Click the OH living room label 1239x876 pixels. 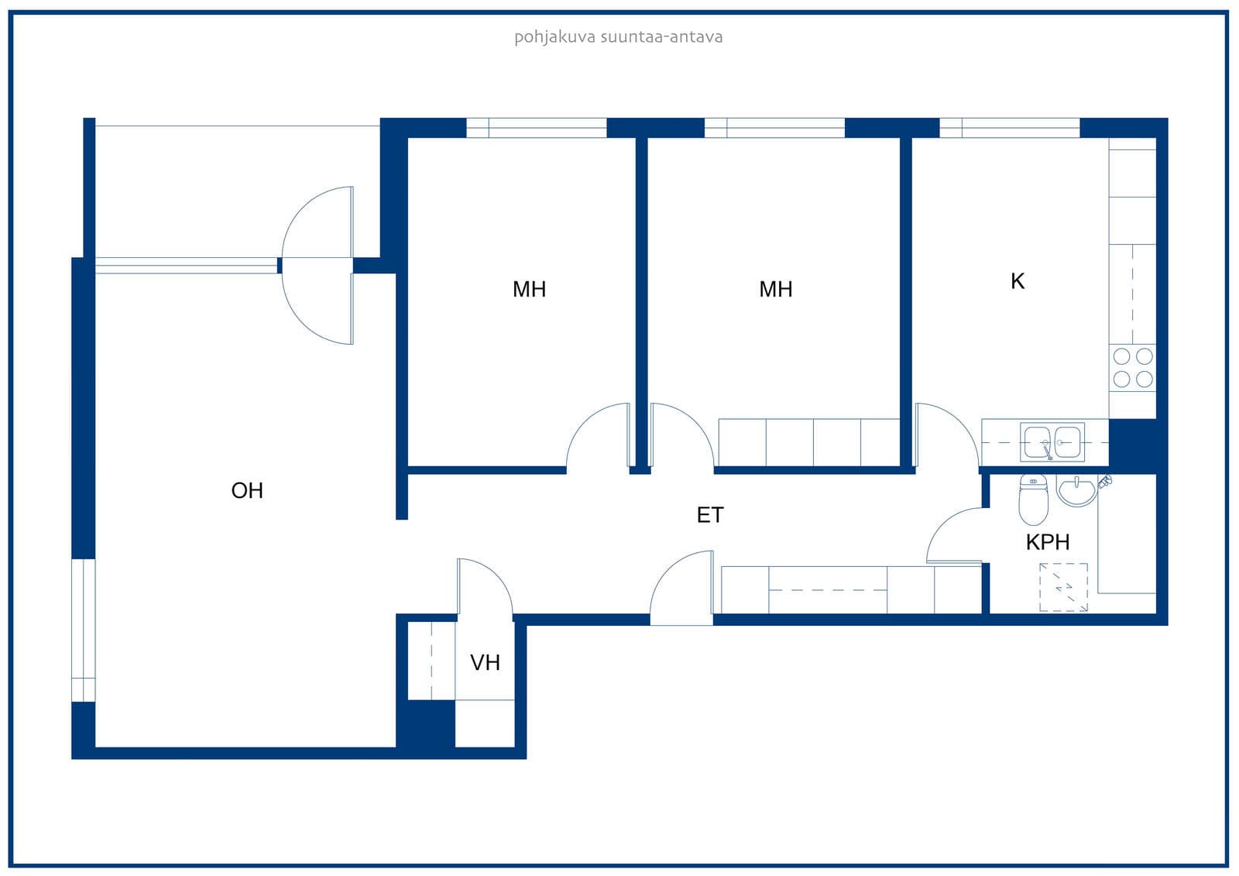247,491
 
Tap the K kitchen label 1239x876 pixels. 1018,281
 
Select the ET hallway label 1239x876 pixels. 709,515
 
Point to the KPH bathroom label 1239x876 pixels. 1048,542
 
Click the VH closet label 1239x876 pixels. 485,662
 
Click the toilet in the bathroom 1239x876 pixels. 1033,499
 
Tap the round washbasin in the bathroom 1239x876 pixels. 1076,490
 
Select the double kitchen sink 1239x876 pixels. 1052,441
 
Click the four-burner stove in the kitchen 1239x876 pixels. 1132,367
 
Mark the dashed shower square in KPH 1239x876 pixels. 1063,587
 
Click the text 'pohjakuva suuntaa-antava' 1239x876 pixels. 619,37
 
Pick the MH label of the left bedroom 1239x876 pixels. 530,290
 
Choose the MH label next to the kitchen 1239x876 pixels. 775,290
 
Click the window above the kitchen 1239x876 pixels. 1010,128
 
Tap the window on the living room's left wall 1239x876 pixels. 84,630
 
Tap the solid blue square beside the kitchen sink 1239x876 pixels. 1132,446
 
